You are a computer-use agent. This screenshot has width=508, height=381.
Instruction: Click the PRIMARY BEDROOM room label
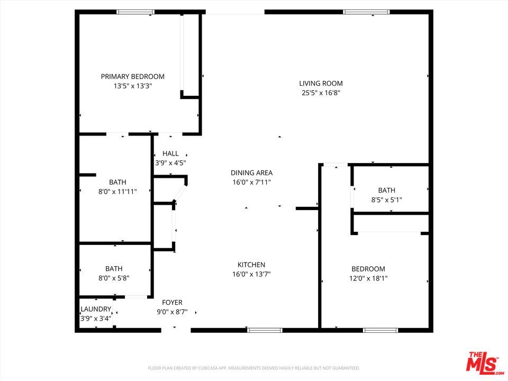pos(132,76)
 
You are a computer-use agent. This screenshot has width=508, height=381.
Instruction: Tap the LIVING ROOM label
pos(321,83)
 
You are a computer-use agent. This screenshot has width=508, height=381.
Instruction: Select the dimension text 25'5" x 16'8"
pos(321,93)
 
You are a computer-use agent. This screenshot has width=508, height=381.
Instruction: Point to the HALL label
pos(170,153)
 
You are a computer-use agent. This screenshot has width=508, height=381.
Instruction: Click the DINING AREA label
pos(251,173)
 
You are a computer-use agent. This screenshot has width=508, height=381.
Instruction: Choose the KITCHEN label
pos(251,265)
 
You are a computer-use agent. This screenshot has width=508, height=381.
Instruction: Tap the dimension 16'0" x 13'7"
pos(251,274)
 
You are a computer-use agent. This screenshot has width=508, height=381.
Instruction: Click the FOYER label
pos(172,302)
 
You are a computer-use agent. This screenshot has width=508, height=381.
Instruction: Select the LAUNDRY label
pos(96,309)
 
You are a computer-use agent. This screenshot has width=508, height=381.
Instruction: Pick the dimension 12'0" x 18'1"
pos(368,278)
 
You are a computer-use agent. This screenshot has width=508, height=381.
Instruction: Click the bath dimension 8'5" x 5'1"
pos(386,199)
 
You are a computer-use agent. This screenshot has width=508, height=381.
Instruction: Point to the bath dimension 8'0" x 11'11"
pos(117,192)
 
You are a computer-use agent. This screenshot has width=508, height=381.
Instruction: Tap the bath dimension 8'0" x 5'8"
pos(114,278)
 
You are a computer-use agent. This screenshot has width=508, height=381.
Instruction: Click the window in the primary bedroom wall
pos(135,12)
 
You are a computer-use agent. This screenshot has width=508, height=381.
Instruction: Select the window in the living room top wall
pos(366,12)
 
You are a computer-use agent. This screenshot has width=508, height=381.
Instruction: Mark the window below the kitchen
pos(265,330)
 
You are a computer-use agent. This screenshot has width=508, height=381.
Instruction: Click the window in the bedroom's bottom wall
pos(380,330)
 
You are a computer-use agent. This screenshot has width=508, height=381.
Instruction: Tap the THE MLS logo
pos(484,362)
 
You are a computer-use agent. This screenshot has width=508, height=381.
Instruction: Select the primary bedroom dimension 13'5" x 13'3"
pos(132,86)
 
